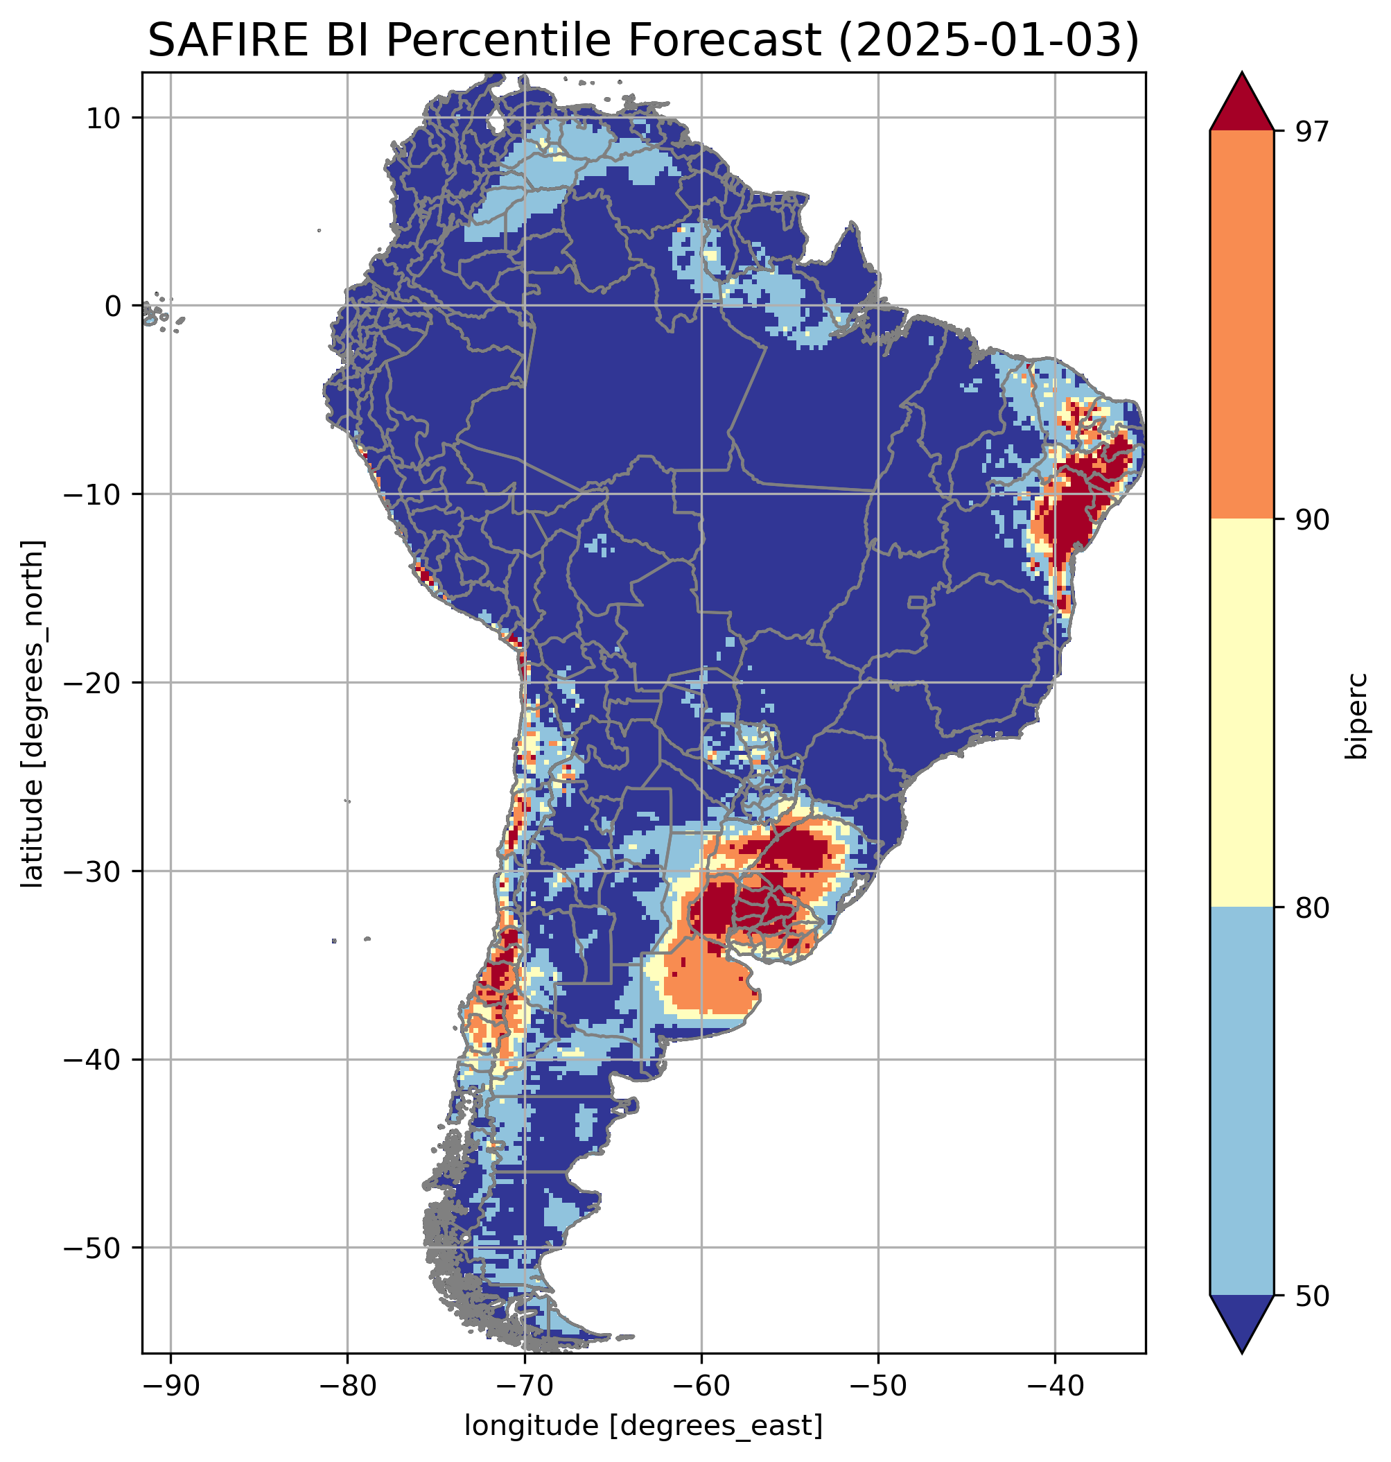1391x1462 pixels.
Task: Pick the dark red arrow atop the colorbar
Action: click(1241, 104)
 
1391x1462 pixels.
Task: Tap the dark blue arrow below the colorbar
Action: click(1241, 1321)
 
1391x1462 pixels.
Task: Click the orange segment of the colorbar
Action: click(1241, 324)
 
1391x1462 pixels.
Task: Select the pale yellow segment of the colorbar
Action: click(1241, 712)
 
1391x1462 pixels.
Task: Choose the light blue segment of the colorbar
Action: click(1241, 1102)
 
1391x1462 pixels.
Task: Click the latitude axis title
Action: click(31, 713)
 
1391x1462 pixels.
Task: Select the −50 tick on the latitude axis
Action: click(94, 1248)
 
